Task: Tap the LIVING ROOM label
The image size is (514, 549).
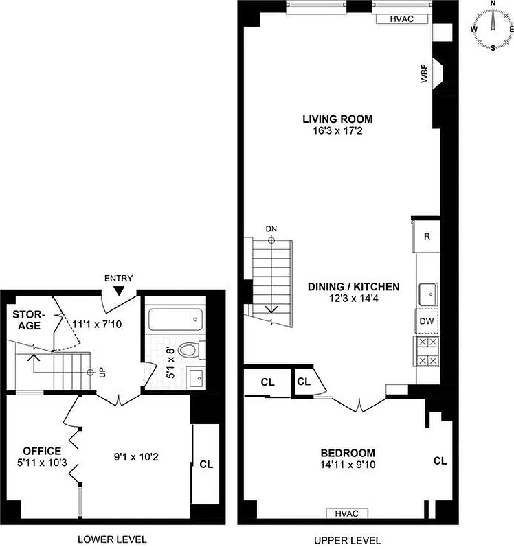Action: coord(337,118)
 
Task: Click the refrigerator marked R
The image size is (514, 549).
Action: coord(426,237)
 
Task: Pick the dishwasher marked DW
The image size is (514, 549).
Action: coord(425,321)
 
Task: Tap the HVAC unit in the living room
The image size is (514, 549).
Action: coord(401,19)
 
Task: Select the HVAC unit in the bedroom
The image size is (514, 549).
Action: coord(346,513)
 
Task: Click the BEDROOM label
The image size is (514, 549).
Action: coord(348,453)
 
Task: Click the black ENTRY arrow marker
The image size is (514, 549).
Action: coord(118,291)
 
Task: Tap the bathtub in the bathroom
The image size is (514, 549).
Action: coord(176,318)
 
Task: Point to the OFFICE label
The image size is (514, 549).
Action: coord(42,451)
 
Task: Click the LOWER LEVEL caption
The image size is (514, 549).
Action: coord(112,538)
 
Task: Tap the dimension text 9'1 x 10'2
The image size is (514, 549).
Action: coord(136,454)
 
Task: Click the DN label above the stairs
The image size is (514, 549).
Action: coord(271,229)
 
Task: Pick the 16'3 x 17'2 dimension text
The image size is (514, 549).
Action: coord(337,130)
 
